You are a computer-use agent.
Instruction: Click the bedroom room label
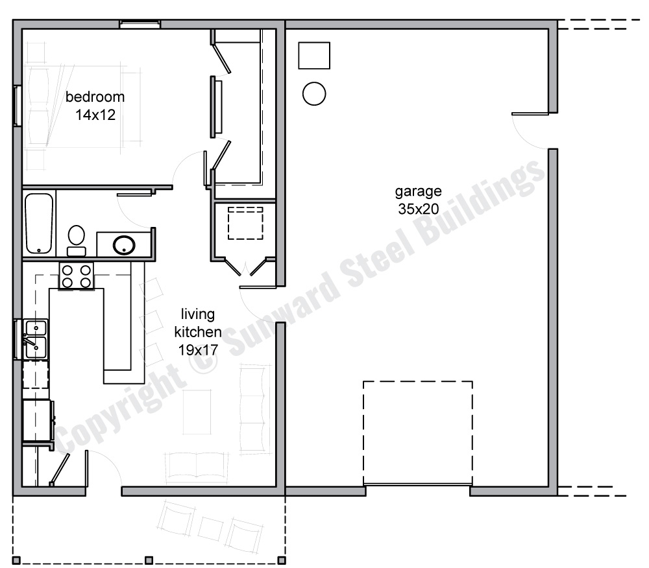(95, 97)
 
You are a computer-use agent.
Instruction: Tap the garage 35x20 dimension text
(419, 209)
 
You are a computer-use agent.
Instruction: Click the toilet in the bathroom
(77, 239)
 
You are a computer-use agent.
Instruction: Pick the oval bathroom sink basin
(123, 245)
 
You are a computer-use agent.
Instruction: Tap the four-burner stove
(76, 275)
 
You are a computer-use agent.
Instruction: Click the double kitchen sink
(34, 338)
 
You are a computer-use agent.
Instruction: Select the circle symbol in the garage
(314, 94)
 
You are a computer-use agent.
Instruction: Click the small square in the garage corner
(314, 55)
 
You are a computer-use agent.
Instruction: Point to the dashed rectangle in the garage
(417, 432)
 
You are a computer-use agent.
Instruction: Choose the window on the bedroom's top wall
(140, 25)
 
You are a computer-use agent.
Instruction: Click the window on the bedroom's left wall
(18, 104)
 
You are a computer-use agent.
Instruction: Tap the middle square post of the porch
(149, 560)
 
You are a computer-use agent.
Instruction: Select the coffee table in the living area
(197, 411)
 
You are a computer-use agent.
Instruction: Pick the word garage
(419, 191)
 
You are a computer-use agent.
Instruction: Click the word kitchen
(197, 332)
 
